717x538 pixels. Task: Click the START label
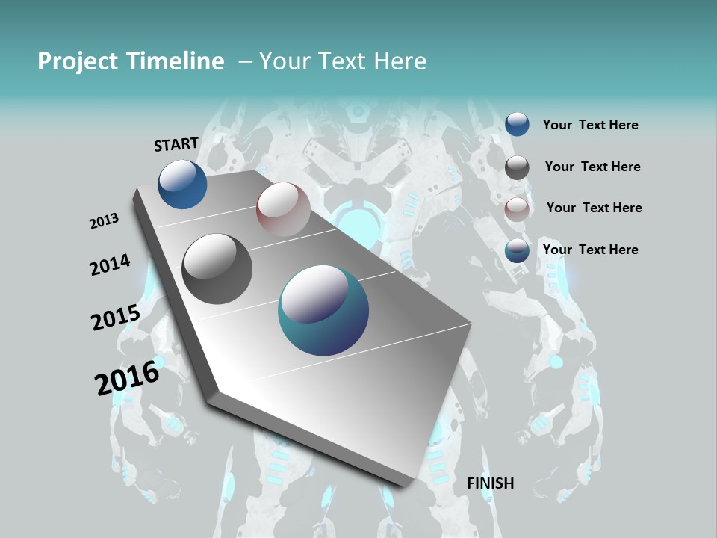(x=176, y=144)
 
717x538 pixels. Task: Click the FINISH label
(x=491, y=483)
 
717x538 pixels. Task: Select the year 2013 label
(x=104, y=221)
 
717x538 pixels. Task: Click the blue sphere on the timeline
(x=182, y=184)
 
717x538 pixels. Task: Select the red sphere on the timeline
(x=283, y=209)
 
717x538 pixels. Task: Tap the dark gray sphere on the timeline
(x=217, y=269)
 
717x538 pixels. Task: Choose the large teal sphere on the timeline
(x=323, y=311)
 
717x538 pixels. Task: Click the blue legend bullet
(x=517, y=124)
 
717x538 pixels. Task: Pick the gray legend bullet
(x=517, y=167)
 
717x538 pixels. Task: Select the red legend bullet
(x=517, y=209)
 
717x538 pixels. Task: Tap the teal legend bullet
(x=517, y=250)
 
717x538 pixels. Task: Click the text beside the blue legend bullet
(x=591, y=126)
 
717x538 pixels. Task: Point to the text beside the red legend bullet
(x=595, y=208)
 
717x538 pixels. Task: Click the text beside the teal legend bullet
(x=591, y=250)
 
